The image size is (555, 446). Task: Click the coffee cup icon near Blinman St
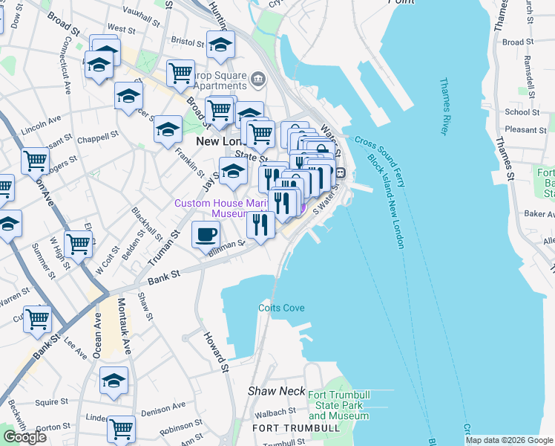tap(206, 235)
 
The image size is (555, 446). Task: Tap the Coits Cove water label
tap(281, 308)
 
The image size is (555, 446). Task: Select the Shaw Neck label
tap(276, 390)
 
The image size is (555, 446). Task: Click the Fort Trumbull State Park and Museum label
tap(338, 405)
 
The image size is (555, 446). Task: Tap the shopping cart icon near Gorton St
tap(121, 428)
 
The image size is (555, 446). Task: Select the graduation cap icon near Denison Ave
tap(114, 381)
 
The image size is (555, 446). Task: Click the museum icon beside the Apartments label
tap(257, 78)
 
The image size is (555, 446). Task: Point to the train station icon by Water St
tap(341, 172)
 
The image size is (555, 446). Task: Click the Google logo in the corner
tap(24, 437)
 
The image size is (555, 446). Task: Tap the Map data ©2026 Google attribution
tap(509, 440)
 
